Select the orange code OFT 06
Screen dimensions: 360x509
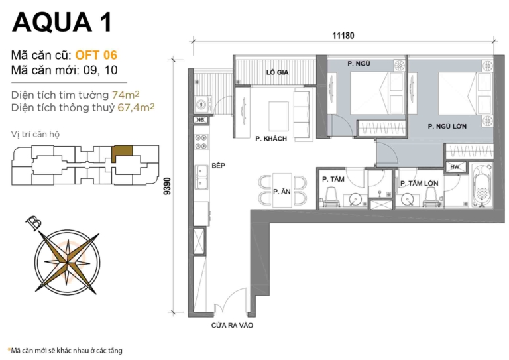coord(96,55)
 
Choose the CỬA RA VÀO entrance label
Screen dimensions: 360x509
coord(232,326)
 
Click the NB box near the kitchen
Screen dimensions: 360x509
coord(200,120)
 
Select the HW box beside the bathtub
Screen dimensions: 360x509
coord(454,167)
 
